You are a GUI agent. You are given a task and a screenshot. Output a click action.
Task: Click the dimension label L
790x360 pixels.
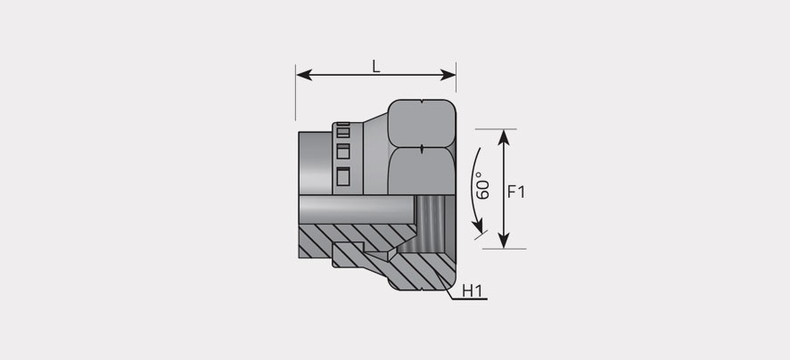376,66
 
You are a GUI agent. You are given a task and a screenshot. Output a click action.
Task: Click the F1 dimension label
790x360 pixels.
516,192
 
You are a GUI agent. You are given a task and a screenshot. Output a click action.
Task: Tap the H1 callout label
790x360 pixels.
472,291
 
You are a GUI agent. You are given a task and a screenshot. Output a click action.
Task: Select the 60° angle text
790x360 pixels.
482,185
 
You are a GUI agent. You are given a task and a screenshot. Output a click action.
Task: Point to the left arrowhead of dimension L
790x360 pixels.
304,75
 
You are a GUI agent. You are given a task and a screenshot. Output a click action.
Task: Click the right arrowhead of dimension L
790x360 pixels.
448,75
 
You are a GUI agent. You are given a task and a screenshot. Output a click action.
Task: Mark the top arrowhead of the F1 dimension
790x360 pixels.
504,137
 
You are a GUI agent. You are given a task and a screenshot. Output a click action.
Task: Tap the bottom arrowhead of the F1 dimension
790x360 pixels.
504,241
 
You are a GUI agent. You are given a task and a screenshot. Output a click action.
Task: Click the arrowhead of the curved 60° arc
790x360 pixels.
478,226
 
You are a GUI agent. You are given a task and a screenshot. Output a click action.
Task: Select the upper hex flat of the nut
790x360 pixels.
422,123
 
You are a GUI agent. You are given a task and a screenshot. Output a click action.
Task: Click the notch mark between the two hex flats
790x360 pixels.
421,148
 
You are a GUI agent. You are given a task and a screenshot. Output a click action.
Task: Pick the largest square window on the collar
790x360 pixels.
343,176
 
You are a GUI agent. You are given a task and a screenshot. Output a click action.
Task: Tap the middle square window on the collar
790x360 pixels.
343,151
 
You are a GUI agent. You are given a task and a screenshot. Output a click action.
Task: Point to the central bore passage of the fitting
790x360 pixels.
356,209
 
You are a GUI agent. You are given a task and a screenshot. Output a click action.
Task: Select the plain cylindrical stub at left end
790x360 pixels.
316,163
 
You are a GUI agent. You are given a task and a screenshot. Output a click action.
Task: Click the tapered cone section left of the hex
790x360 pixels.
375,154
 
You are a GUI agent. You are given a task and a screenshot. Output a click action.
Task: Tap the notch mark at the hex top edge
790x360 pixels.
421,102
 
